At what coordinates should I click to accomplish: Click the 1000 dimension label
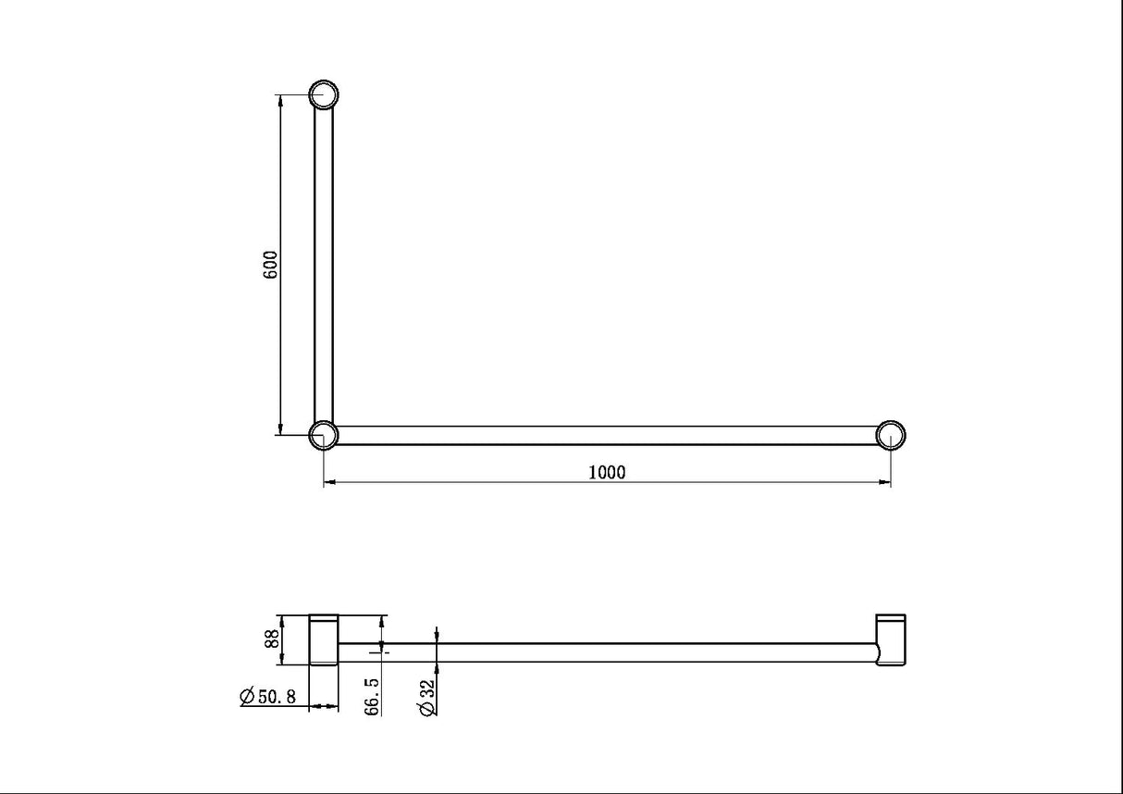click(607, 472)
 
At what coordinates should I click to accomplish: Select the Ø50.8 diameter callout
click(267, 697)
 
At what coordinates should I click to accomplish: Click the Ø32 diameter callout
click(426, 697)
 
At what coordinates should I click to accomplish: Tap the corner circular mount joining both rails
click(323, 434)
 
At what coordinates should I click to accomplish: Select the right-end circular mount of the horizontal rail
click(890, 435)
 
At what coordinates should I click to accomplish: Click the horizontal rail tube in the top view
click(607, 435)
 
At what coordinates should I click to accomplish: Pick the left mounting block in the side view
click(324, 639)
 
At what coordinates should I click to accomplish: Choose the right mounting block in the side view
click(891, 640)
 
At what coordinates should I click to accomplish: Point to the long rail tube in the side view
click(607, 652)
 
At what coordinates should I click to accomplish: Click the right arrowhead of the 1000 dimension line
click(884, 482)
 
